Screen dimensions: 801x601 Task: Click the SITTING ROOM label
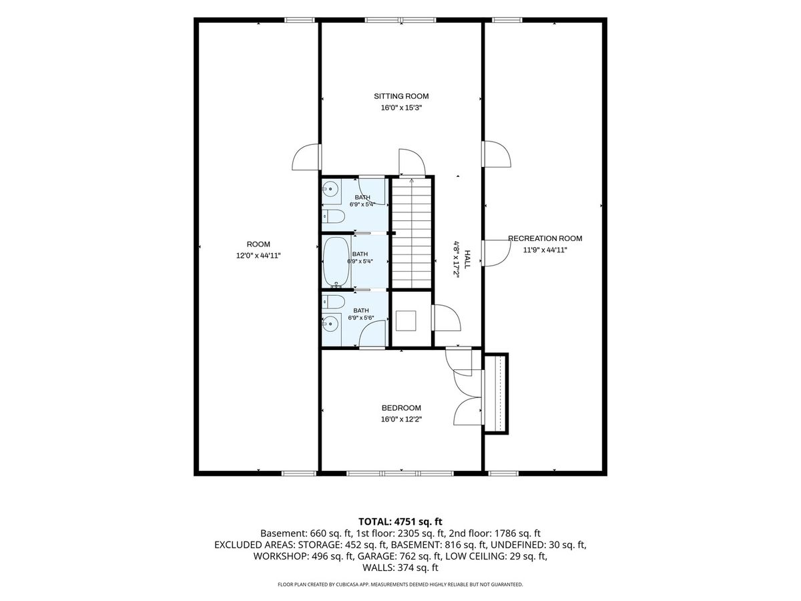click(x=400, y=96)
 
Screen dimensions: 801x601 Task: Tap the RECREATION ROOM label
click(x=545, y=238)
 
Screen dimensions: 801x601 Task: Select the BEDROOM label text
click(x=401, y=408)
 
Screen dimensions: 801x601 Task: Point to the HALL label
click(x=467, y=259)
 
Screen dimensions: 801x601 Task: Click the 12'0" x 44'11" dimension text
click(x=258, y=256)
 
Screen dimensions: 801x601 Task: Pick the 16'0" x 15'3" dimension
click(x=401, y=108)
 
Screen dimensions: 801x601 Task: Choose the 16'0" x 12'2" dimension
click(x=401, y=419)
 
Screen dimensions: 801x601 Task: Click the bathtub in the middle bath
click(x=336, y=262)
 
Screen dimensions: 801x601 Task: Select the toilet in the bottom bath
click(x=333, y=302)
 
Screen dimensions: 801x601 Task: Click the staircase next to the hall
click(x=412, y=233)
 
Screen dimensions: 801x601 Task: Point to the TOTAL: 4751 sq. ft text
click(x=400, y=522)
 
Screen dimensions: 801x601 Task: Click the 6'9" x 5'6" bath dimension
click(x=360, y=318)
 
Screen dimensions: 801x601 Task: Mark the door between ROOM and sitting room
click(x=306, y=157)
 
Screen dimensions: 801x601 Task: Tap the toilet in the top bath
click(x=333, y=216)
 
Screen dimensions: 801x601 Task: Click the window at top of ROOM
click(x=299, y=20)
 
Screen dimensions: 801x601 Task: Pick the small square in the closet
click(x=406, y=321)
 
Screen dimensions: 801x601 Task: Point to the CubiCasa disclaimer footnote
click(x=400, y=584)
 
